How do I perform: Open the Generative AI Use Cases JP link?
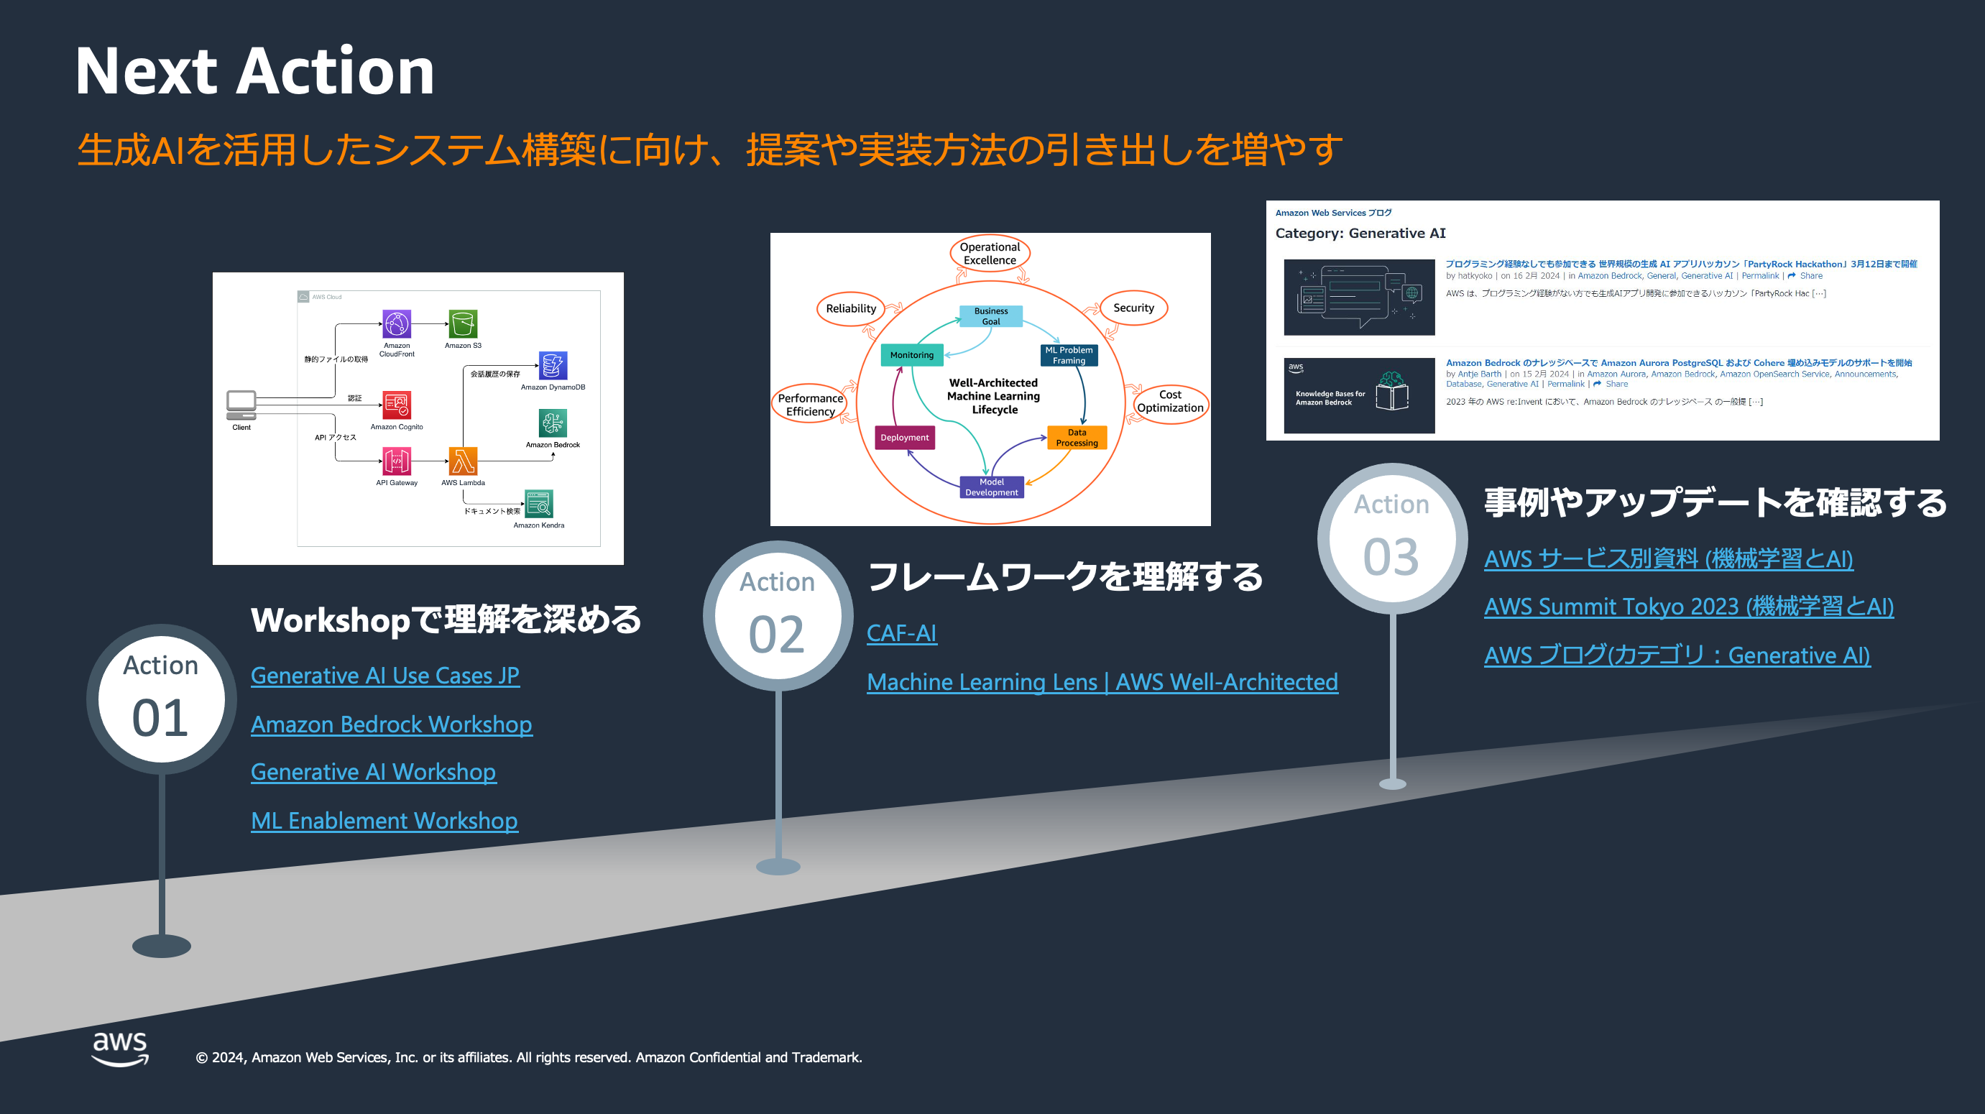pos(384,676)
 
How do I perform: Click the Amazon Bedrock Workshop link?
pos(391,724)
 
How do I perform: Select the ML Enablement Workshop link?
pos(384,821)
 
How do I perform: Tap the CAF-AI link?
pos(901,633)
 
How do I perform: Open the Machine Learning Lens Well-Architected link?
pos(1102,682)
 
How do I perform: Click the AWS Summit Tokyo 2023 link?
pos(1688,607)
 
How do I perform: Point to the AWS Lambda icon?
pos(462,461)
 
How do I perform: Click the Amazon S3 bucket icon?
pos(462,324)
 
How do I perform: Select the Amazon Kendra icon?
pos(538,505)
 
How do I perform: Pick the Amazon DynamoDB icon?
pos(553,365)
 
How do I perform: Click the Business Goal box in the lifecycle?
pos(990,316)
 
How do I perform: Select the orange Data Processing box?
pos(1077,438)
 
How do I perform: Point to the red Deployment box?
pos(905,438)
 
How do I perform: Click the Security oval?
pos(1133,308)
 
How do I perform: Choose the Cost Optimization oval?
pos(1170,401)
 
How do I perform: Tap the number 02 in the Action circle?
pos(777,635)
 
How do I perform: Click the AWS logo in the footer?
pos(120,1049)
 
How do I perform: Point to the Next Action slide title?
pos(255,72)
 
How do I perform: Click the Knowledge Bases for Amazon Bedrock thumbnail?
pos(1358,395)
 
